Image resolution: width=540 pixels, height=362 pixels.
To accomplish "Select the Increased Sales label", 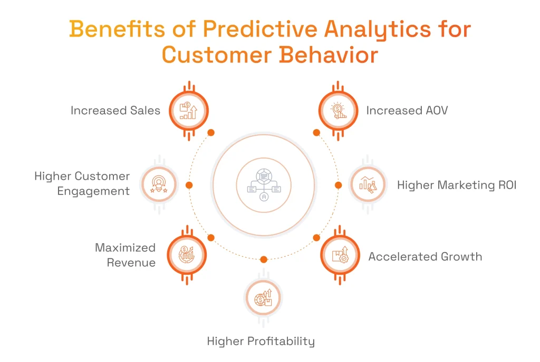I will click(x=115, y=110).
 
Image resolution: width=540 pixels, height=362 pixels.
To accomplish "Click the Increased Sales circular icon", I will click(x=188, y=110).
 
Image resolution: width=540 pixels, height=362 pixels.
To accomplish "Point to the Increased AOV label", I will click(x=407, y=110).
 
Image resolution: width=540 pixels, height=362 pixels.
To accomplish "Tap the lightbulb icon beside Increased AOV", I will click(x=338, y=110).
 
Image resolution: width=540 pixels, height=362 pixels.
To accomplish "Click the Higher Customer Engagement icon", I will click(x=158, y=184).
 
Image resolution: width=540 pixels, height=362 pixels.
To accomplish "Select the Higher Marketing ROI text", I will click(x=457, y=185).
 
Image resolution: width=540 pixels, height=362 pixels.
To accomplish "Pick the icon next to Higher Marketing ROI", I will click(x=368, y=184).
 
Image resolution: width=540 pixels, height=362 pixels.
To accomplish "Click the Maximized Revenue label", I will click(x=126, y=255).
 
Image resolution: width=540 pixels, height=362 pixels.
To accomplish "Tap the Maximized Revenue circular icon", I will click(x=187, y=255).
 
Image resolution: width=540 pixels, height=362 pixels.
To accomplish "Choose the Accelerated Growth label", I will click(x=425, y=257).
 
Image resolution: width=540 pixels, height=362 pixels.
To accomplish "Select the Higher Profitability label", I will click(x=261, y=341).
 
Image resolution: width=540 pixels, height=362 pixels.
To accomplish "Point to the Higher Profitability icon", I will click(x=263, y=299).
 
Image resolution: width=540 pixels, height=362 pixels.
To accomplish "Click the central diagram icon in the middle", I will click(x=264, y=184).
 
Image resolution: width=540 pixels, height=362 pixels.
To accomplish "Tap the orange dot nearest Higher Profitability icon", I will click(x=264, y=259).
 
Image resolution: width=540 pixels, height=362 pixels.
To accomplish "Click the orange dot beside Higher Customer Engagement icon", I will click(x=189, y=185).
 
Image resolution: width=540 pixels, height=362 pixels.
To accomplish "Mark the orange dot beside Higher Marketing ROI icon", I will click(x=338, y=185).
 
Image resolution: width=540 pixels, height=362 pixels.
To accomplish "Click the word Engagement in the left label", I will click(x=93, y=191).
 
